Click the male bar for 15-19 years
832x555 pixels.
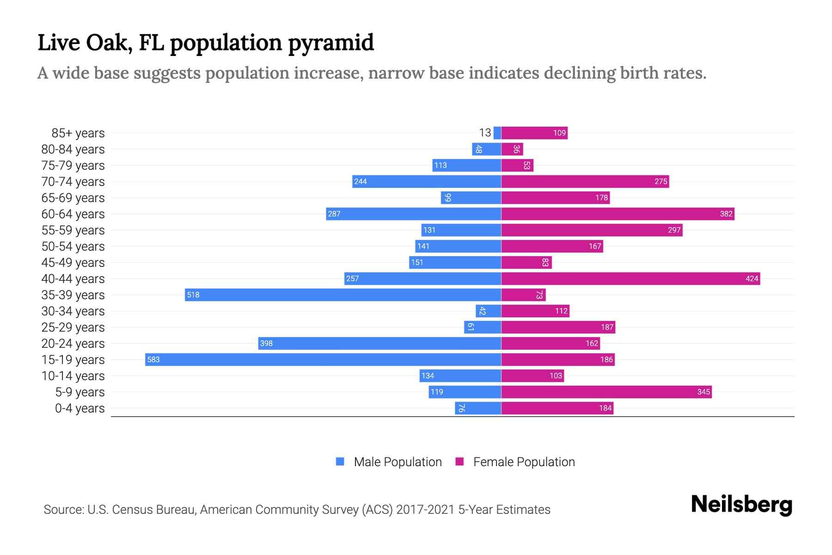(324, 359)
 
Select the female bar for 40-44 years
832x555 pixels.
(630, 278)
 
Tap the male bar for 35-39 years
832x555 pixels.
(343, 295)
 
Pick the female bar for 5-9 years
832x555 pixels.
(606, 392)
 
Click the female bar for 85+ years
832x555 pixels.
(534, 133)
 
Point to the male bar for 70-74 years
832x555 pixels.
(427, 181)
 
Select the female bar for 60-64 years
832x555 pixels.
(618, 214)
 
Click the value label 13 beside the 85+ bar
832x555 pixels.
(485, 133)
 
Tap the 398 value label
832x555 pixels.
(266, 343)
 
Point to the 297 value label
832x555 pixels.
(674, 230)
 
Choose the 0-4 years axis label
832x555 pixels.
(80, 408)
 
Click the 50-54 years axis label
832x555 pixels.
(73, 247)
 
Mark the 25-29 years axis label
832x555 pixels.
(73, 327)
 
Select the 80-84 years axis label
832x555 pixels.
(73, 149)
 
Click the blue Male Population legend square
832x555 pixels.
(340, 462)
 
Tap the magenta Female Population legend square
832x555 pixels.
(459, 462)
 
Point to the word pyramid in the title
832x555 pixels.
(331, 43)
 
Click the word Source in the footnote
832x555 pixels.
(63, 510)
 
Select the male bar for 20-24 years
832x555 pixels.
(379, 343)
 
